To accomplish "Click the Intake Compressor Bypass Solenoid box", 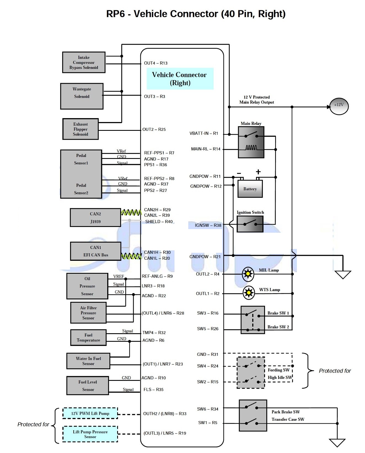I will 84,63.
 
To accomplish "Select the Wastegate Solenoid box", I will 82,96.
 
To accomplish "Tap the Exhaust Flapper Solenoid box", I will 80,129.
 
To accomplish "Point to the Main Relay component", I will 251,142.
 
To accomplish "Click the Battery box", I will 250,189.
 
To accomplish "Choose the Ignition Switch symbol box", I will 250,224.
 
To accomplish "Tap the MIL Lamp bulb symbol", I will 248,274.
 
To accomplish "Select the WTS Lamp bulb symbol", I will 249,293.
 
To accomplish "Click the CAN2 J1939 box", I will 95,218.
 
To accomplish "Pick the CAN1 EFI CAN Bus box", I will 96,251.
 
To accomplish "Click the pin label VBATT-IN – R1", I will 204,134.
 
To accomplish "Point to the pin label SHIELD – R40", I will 159,222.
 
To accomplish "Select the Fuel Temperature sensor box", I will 88,338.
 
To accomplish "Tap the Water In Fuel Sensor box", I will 88,361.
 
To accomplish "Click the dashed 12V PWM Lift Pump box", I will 90,413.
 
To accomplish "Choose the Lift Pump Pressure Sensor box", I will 90,434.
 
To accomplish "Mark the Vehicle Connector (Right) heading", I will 180,79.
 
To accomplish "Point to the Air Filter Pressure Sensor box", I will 88,313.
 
